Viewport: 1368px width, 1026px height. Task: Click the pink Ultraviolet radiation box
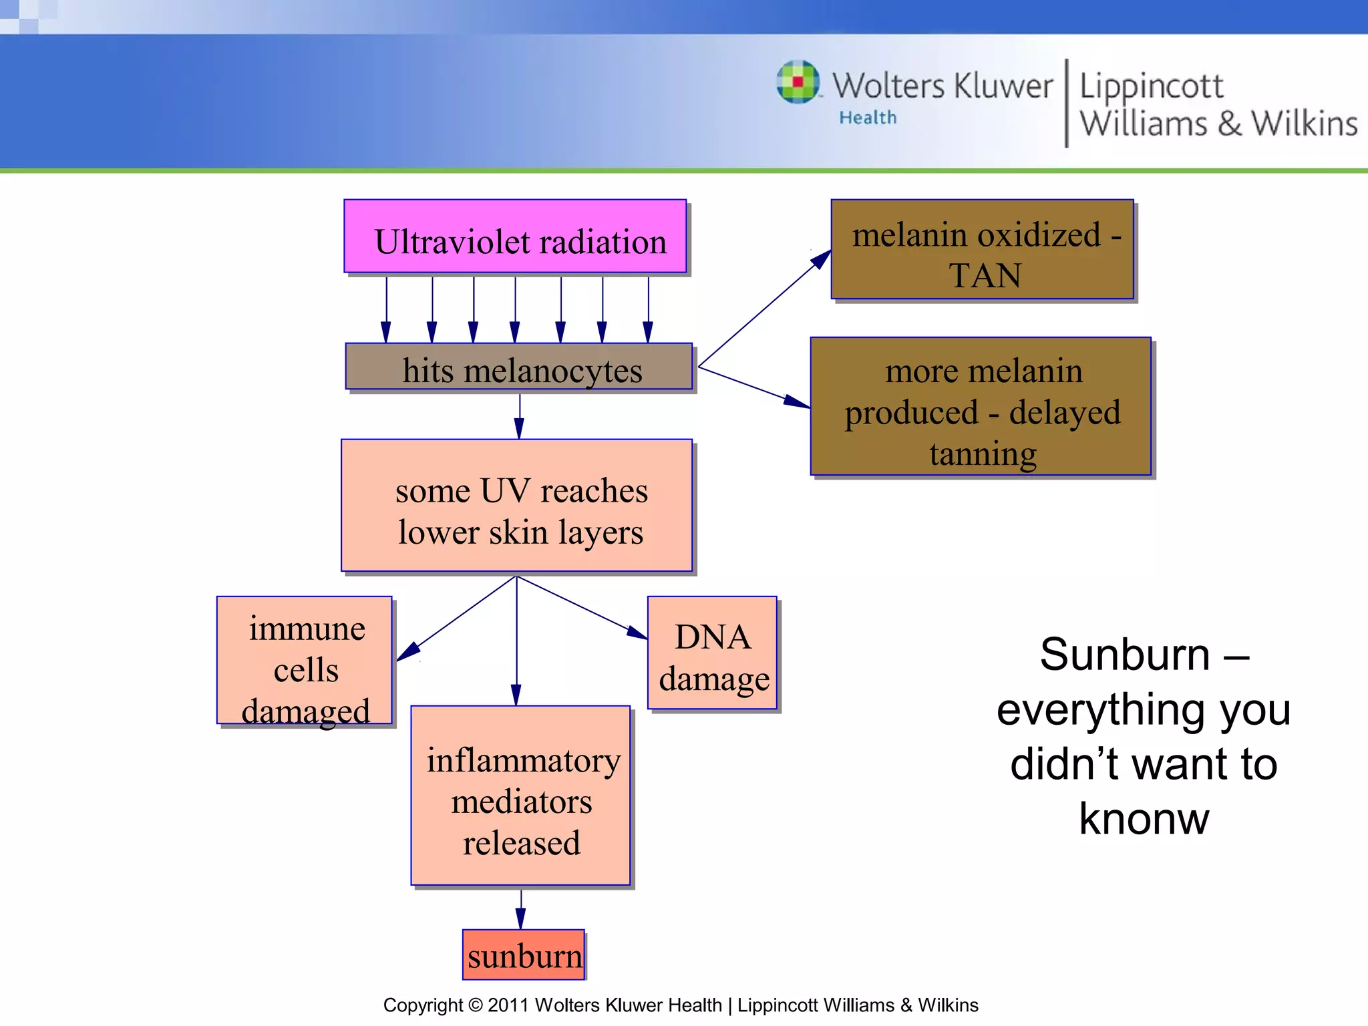pos(515,236)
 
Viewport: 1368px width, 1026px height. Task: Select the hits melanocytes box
pos(518,367)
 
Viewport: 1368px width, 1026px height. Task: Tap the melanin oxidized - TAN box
pos(982,250)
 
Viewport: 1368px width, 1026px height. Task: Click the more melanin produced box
pos(981,407)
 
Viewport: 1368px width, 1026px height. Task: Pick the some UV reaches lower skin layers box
pos(516,506)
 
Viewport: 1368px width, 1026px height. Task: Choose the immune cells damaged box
pos(305,661)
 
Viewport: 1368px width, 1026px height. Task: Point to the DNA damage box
pos(712,653)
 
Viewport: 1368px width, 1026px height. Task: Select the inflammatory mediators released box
pos(520,796)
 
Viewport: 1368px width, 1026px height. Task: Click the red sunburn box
pos(524,955)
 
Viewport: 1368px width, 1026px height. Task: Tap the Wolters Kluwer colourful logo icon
pos(798,83)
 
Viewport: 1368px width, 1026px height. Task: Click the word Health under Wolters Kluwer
pos(868,118)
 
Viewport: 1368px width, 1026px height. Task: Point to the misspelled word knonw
pos(1144,819)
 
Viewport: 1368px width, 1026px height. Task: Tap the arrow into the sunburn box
pos(521,910)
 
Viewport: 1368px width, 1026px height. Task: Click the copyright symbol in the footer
pos(475,1005)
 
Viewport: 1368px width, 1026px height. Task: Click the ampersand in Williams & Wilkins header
pos(1229,125)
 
